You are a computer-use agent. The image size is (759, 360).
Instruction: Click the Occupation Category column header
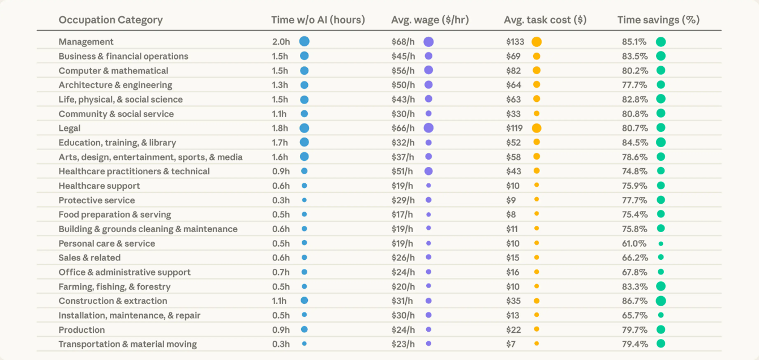point(110,20)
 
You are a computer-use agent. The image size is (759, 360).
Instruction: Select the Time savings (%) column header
point(658,20)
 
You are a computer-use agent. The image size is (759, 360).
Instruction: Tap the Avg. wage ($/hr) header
point(430,20)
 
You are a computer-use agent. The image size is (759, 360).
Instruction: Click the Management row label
point(86,42)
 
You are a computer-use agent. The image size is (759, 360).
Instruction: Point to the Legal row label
point(70,128)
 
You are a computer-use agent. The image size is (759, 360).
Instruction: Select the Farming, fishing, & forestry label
point(114,286)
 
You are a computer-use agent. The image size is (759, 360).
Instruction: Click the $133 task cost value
point(515,42)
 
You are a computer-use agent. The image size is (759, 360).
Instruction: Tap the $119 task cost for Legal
point(515,128)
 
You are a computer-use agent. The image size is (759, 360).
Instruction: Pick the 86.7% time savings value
point(631,301)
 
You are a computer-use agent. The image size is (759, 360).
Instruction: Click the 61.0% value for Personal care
point(631,243)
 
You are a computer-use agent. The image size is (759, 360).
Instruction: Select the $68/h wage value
point(403,42)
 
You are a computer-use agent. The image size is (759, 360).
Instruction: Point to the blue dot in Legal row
point(304,128)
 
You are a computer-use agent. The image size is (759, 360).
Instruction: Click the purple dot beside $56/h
point(428,70)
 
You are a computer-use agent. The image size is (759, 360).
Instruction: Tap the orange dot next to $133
point(537,42)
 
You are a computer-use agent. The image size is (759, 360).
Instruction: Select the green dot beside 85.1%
point(661,42)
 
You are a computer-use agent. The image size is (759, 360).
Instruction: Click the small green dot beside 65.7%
point(661,315)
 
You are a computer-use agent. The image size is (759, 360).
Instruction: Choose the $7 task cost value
point(511,344)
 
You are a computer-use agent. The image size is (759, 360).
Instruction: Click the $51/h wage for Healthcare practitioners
point(403,171)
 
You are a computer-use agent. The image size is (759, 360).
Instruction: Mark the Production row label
point(82,329)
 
